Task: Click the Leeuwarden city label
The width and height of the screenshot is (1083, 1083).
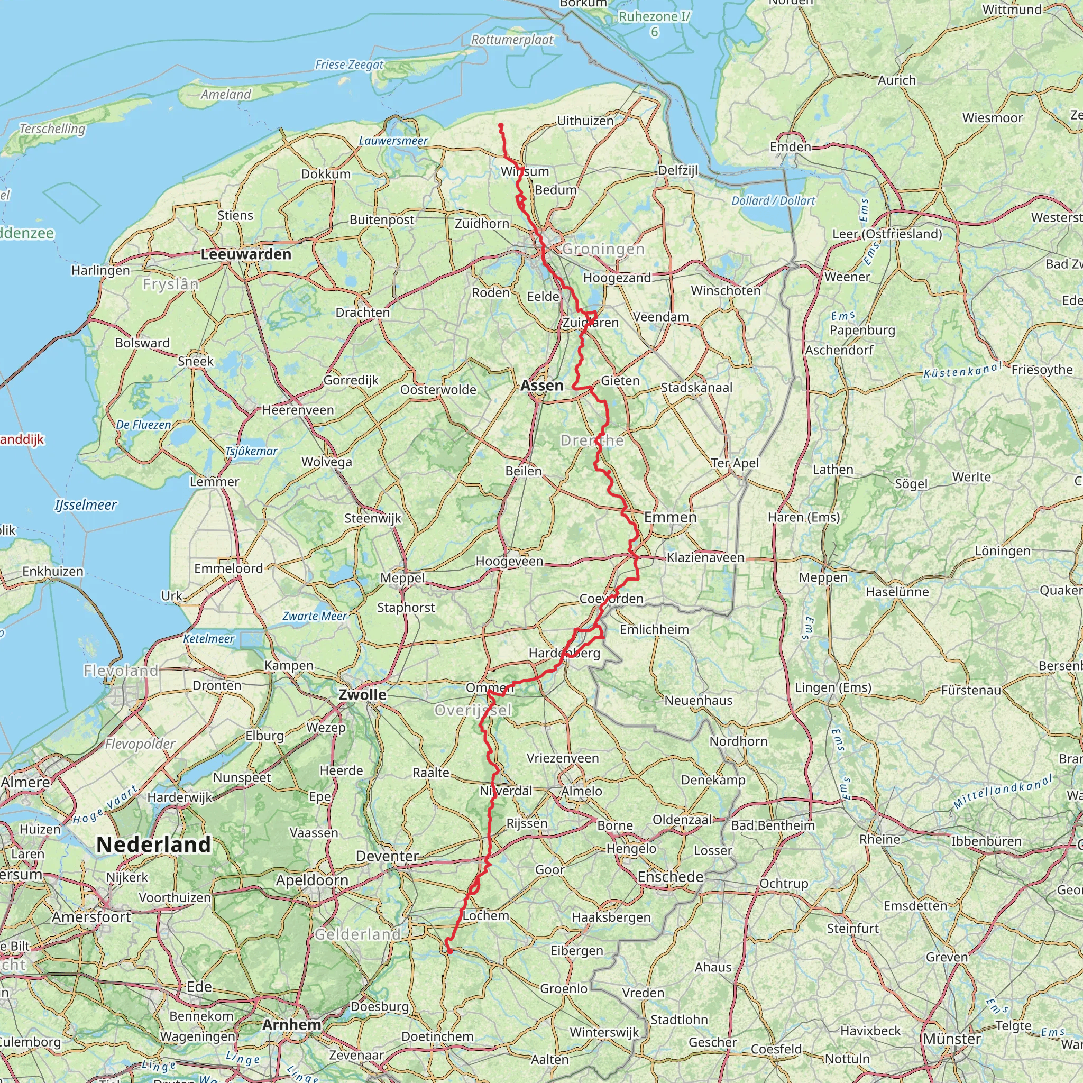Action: pos(246,254)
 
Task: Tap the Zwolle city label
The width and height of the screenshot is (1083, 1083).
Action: pos(362,695)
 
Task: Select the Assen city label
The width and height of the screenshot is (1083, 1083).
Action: pos(541,386)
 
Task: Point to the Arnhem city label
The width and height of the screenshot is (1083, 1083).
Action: pos(291,1025)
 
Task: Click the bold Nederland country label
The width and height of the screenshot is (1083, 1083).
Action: pos(153,845)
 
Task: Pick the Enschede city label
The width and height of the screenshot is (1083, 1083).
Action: pos(671,877)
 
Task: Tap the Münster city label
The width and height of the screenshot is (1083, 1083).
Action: pos(952,1039)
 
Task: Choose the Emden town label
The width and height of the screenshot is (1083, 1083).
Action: pos(791,147)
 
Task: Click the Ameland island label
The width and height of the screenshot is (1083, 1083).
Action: pos(226,94)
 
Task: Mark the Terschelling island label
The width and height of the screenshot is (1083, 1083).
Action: pos(52,129)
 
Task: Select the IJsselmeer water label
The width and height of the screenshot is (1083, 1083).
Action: pos(86,505)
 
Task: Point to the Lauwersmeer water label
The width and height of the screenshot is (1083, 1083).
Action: pos(393,141)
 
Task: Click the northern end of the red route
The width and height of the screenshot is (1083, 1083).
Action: pos(500,124)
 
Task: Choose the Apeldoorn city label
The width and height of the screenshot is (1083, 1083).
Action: pos(311,880)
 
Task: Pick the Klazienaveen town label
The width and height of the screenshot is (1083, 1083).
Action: pos(705,558)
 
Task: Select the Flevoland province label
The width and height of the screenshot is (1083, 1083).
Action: pos(121,671)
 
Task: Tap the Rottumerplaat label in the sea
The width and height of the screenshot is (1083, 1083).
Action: pos(512,40)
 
